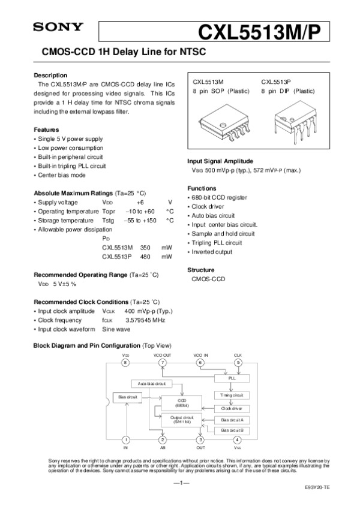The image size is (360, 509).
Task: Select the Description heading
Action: click(50, 76)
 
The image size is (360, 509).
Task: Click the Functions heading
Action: click(203, 188)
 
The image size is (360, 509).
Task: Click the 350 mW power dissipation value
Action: click(145, 247)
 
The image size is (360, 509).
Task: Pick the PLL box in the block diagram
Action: click(232, 379)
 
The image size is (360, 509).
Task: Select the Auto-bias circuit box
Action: click(151, 383)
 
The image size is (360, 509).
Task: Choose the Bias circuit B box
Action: click(232, 430)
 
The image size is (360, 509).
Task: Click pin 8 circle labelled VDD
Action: click(125, 363)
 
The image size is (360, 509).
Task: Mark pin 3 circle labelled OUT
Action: click(200, 440)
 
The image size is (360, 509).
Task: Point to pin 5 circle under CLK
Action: click(238, 363)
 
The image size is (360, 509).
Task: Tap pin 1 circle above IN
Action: click(125, 440)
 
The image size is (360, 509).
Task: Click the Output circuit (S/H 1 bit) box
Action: click(181, 419)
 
